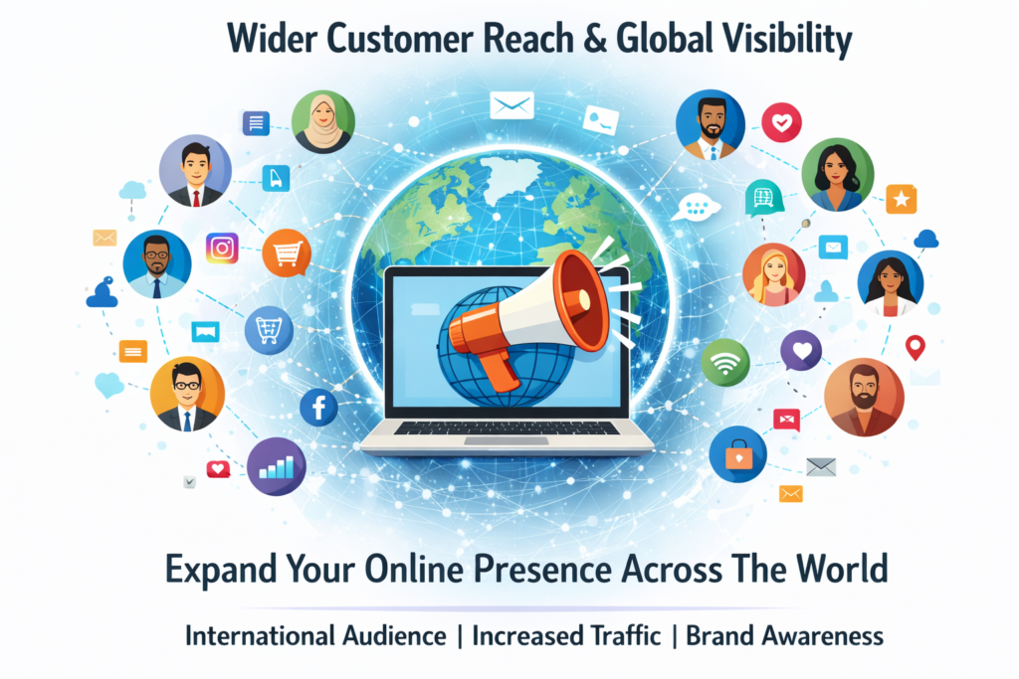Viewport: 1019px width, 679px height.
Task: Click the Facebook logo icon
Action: click(x=318, y=407)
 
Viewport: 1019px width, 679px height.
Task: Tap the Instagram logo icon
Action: click(x=222, y=248)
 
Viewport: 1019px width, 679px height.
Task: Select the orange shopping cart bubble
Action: click(x=287, y=253)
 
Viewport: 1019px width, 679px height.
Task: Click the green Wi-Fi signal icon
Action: click(x=725, y=362)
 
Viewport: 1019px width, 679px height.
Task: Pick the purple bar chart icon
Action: click(x=277, y=466)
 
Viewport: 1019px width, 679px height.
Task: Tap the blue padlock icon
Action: click(x=737, y=453)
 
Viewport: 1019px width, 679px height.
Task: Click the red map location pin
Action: click(x=916, y=347)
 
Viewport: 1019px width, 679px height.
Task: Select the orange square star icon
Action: click(x=901, y=199)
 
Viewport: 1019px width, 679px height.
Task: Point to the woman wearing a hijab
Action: click(x=323, y=122)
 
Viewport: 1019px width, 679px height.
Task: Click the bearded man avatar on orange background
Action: click(x=864, y=397)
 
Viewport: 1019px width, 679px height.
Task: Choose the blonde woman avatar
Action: click(x=773, y=274)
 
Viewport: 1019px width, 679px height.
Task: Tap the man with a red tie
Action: click(x=195, y=171)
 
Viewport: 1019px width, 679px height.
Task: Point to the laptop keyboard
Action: click(x=507, y=428)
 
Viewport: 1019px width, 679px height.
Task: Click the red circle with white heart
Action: click(x=781, y=122)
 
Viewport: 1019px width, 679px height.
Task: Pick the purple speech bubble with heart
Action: click(x=801, y=351)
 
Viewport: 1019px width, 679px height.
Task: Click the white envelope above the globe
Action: click(x=512, y=105)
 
